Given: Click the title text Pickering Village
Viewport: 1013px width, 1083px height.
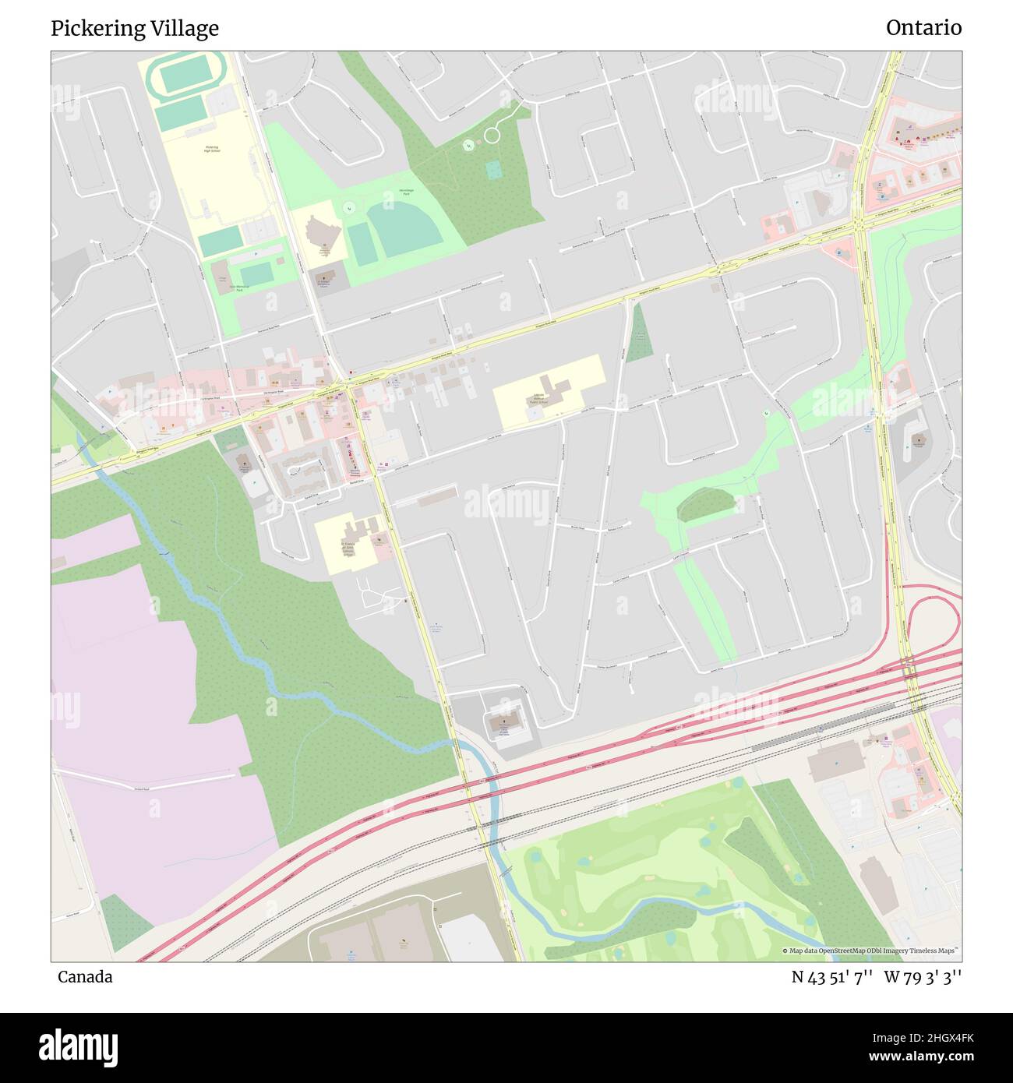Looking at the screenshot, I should [135, 29].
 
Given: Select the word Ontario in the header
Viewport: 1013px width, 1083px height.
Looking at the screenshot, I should [923, 28].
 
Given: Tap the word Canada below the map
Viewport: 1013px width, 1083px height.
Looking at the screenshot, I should [85, 977].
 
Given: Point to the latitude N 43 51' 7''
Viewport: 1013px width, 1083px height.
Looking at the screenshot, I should [831, 977].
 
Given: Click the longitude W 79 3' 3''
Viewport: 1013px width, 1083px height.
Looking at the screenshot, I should [923, 977].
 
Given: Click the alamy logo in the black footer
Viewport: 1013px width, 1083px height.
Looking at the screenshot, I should [79, 1046].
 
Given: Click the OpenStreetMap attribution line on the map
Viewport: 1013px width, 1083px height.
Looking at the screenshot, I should [870, 951].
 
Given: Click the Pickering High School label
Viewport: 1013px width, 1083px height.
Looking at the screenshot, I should [212, 149].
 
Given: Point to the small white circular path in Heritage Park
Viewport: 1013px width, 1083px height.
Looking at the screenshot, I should [492, 136].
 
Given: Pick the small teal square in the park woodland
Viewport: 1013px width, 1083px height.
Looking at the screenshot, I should [493, 169].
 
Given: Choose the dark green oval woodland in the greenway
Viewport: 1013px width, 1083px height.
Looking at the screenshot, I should [705, 504].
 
